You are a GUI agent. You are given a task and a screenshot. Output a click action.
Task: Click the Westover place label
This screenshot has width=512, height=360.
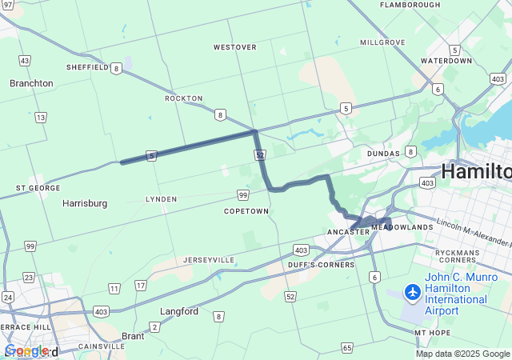(x=234, y=47)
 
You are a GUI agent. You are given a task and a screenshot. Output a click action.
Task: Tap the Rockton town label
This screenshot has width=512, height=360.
(x=183, y=98)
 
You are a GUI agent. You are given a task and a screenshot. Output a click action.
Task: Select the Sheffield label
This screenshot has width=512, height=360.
(x=87, y=68)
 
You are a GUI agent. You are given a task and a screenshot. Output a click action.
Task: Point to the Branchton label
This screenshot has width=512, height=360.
(x=31, y=83)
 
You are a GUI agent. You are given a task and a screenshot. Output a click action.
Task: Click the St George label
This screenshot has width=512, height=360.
(x=33, y=188)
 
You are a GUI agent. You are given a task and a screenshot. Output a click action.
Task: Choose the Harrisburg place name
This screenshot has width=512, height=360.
(x=85, y=203)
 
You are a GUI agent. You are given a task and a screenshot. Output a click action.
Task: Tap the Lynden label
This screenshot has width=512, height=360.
(x=161, y=198)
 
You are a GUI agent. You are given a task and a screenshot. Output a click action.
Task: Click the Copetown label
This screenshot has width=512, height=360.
(x=246, y=211)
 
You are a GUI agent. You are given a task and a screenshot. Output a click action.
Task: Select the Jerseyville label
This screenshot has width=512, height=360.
(x=209, y=260)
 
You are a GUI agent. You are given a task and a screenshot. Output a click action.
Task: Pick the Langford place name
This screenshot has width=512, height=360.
(x=179, y=311)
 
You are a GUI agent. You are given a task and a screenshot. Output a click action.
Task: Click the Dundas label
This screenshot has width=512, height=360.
(x=382, y=153)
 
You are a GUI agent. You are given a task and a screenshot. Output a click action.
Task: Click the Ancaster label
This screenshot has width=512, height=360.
(x=347, y=232)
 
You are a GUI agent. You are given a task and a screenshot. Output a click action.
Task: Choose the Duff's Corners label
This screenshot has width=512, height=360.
(x=322, y=265)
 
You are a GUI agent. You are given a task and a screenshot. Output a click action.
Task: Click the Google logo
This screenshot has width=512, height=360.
(x=26, y=350)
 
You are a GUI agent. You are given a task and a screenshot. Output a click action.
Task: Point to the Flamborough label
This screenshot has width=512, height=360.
(x=410, y=5)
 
